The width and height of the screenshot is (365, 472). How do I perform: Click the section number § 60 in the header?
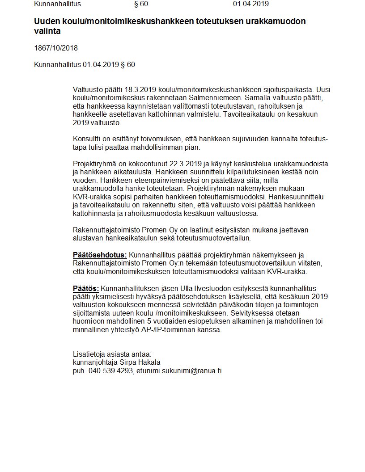(141, 4)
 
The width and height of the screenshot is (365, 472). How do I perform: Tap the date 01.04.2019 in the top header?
(250, 4)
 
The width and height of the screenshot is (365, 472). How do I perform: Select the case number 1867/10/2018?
(56, 48)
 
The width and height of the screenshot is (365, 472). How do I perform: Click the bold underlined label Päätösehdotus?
(100, 255)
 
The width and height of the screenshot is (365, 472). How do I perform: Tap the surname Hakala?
(149, 362)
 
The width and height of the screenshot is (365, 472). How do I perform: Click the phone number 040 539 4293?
(110, 371)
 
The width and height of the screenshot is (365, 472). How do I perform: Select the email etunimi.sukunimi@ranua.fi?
(179, 371)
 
